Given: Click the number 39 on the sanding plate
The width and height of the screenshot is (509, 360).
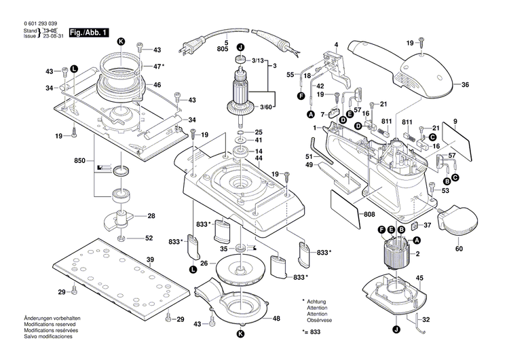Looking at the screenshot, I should pos(151,259).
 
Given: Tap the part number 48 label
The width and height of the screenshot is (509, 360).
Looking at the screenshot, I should pos(276,319).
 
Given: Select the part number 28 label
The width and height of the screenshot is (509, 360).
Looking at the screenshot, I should pos(151,216).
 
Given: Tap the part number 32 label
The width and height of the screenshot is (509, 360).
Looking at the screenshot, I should pos(426,319).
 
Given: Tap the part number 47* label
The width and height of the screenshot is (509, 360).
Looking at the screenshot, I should pos(158,66).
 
